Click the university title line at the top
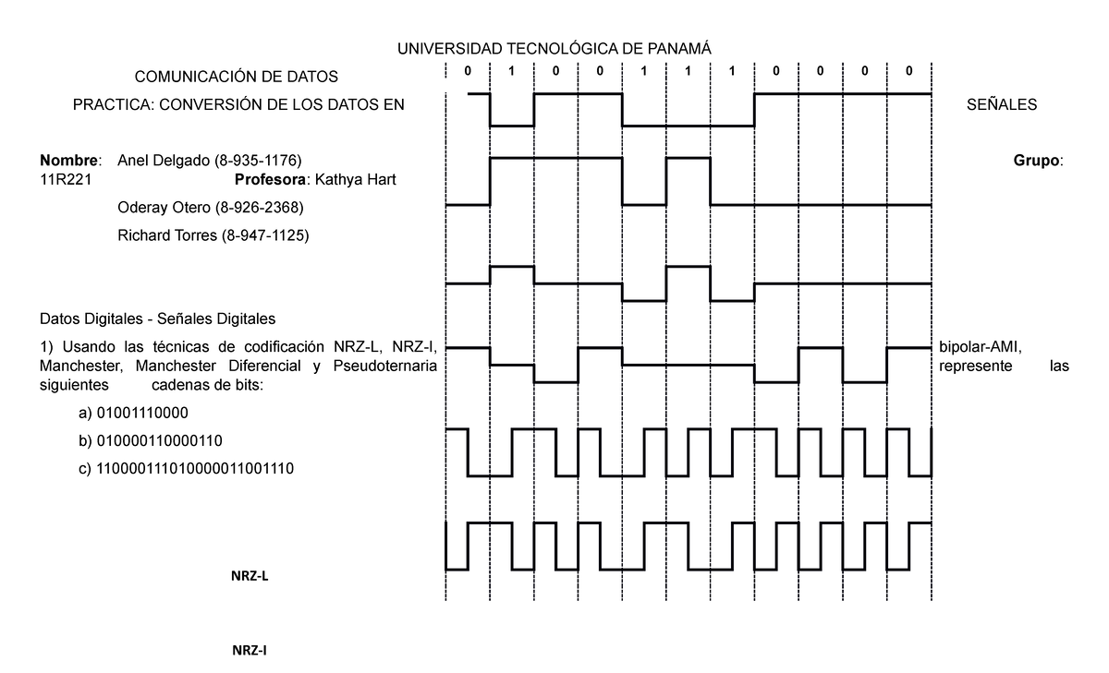point(554,48)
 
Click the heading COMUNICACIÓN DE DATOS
point(237,77)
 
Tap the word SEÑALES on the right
point(1002,104)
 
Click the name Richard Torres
point(167,235)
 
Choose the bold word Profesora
point(270,179)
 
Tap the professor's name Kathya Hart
point(355,179)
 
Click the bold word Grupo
point(1036,161)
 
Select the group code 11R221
point(66,179)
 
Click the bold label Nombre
point(68,161)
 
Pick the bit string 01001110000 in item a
point(142,413)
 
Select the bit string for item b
point(159,440)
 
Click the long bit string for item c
point(195,468)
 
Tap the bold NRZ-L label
point(250,575)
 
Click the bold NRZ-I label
point(249,650)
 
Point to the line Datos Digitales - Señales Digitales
point(157,318)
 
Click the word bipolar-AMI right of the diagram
point(981,347)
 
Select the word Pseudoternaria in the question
point(384,366)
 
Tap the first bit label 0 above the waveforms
point(468,71)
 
